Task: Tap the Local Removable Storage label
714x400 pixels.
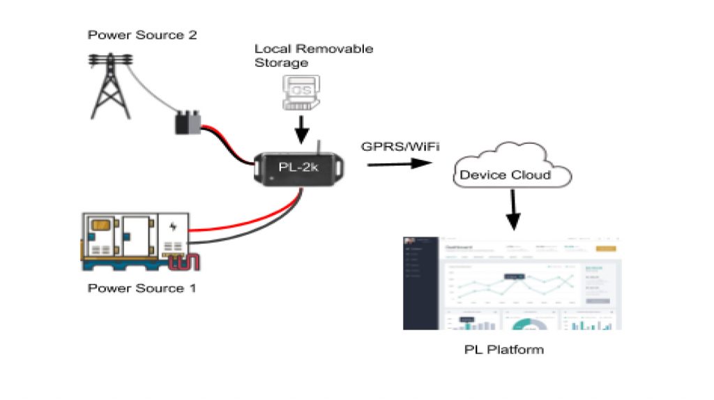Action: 313,56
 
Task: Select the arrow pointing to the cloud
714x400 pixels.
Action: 397,164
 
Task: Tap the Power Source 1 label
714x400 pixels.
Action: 142,288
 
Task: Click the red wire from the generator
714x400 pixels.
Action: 237,222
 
